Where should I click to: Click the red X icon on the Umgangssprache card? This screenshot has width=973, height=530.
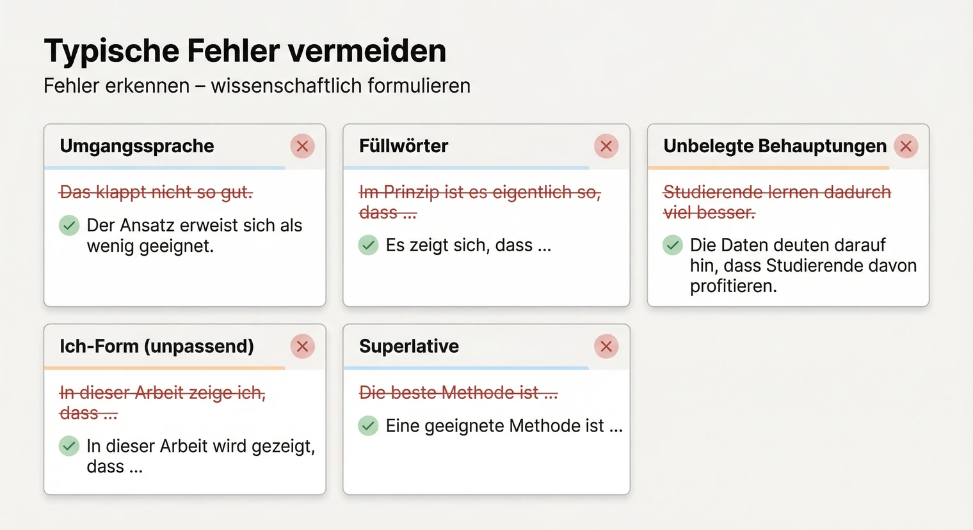pos(302,146)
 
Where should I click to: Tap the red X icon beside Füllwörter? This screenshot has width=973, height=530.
pos(606,146)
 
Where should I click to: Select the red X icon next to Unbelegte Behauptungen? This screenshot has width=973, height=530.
pos(905,146)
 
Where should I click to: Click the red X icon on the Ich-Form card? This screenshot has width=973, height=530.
pos(302,347)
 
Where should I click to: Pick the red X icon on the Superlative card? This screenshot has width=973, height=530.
pos(606,347)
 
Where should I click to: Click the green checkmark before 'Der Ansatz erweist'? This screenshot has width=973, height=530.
pos(69,226)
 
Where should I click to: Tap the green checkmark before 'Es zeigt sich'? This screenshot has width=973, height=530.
pos(368,245)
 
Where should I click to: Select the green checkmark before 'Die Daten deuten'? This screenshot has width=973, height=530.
pos(672,245)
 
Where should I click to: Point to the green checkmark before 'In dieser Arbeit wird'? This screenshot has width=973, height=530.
pos(69,446)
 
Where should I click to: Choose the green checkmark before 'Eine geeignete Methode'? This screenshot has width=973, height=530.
pos(368,426)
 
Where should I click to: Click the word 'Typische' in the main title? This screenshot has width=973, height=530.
pos(111,51)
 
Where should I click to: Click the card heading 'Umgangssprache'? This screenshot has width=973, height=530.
pos(137,146)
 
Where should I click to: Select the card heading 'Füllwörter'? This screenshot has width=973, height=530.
pos(403,146)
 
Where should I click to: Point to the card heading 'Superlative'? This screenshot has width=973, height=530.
pos(409,347)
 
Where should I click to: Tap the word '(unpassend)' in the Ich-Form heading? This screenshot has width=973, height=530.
pos(199,347)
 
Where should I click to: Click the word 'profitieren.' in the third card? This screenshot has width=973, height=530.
pos(733,286)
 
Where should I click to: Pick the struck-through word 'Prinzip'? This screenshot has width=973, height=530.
pos(410,192)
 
